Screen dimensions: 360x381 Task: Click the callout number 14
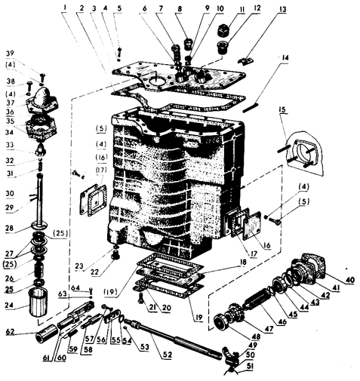coord(285,58)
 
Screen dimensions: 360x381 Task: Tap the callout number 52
coord(167,355)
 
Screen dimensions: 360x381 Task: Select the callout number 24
coord(11,306)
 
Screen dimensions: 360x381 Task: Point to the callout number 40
coord(350,280)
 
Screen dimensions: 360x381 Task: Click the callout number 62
coord(11,332)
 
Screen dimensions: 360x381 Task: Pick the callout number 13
coord(283,10)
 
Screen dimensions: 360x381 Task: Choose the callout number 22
coord(95,272)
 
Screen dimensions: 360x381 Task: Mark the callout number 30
coord(10,193)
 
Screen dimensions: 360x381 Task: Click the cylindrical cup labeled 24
coord(38,302)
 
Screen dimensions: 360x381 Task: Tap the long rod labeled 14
coord(251,106)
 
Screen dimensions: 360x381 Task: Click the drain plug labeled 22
coord(116,256)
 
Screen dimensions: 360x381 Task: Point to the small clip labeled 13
coord(245,60)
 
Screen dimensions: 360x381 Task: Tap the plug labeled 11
coord(223,29)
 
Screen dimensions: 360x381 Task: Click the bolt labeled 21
coord(140,297)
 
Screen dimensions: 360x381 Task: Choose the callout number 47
coord(269,329)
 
